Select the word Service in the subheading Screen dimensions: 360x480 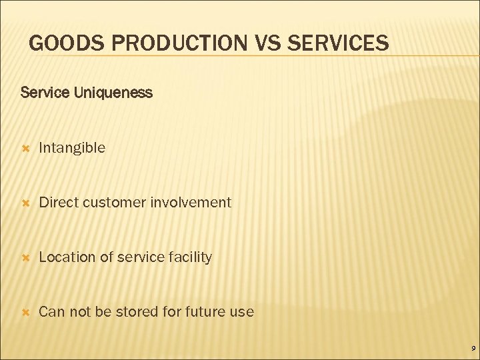(41, 93)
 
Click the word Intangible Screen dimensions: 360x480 (72, 148)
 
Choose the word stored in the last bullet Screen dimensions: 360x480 (135, 311)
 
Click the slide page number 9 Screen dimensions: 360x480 (472, 349)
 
